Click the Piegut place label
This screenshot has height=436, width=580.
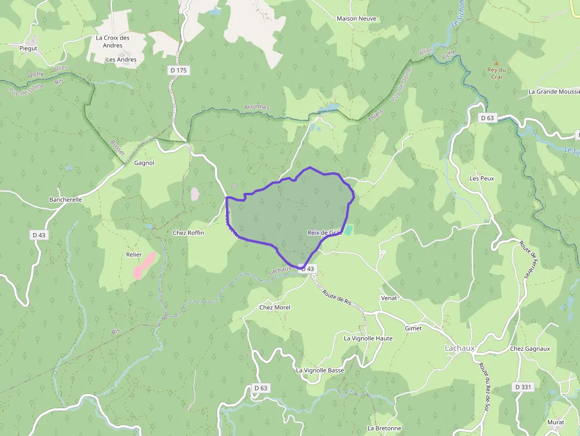tap(28, 48)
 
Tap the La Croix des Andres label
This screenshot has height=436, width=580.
tap(112, 41)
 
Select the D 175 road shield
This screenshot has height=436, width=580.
tap(178, 70)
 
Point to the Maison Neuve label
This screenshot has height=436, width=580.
tap(356, 18)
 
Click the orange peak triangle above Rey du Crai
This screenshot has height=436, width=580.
tap(496, 62)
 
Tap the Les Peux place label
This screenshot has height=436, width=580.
tap(481, 178)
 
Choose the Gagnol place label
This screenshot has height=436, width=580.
tap(144, 163)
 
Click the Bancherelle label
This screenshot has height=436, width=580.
tap(65, 200)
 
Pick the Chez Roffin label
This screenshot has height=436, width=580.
tap(188, 233)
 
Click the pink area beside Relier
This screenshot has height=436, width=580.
tap(145, 265)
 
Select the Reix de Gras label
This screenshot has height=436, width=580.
tap(325, 233)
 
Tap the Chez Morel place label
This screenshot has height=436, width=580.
tap(275, 308)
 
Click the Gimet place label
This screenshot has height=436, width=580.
tap(413, 328)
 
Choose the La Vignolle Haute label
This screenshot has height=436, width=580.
tap(368, 338)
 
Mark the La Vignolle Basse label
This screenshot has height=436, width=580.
tap(320, 370)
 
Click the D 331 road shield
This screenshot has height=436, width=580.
tap(523, 387)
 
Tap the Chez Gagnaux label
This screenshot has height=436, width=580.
tap(530, 348)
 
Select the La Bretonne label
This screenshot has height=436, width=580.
tap(384, 428)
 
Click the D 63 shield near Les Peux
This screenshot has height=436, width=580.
tap(487, 118)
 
